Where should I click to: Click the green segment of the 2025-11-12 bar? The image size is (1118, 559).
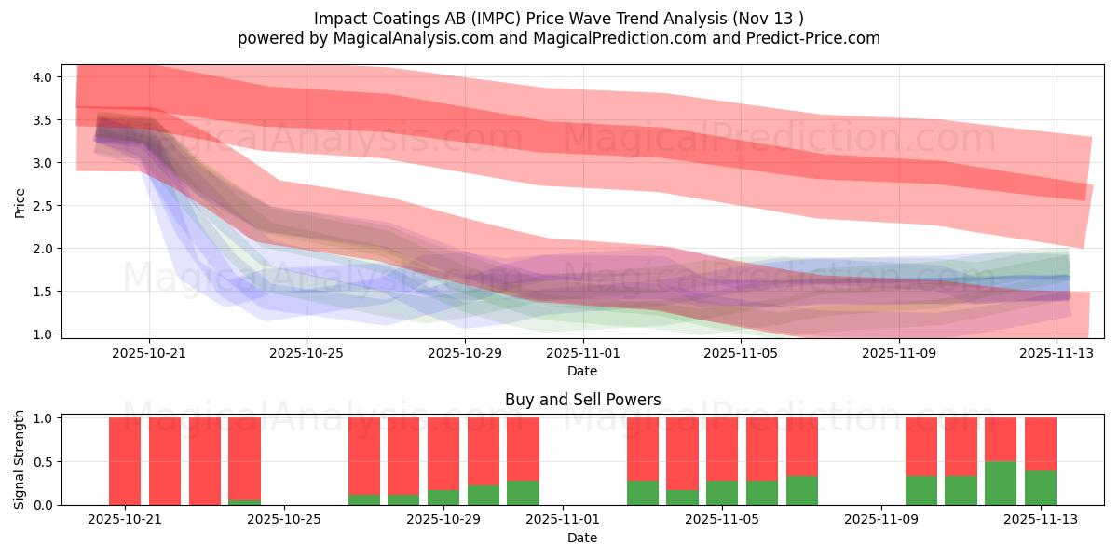[x=1001, y=483]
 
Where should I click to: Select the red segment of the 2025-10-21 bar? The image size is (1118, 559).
[x=125, y=461]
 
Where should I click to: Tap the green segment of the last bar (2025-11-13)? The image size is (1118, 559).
[x=1041, y=487]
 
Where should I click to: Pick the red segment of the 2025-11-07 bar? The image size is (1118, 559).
[x=802, y=447]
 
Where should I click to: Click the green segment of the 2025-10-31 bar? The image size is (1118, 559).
[x=524, y=493]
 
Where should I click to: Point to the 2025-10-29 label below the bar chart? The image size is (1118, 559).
[x=443, y=520]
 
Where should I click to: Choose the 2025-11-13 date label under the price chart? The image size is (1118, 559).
[x=1057, y=354]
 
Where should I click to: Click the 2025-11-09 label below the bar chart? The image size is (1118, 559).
[x=880, y=520]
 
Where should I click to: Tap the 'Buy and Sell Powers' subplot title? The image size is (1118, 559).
[x=582, y=400]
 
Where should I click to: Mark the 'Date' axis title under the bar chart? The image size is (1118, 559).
[x=582, y=538]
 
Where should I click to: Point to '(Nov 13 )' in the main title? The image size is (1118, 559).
[x=770, y=19]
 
